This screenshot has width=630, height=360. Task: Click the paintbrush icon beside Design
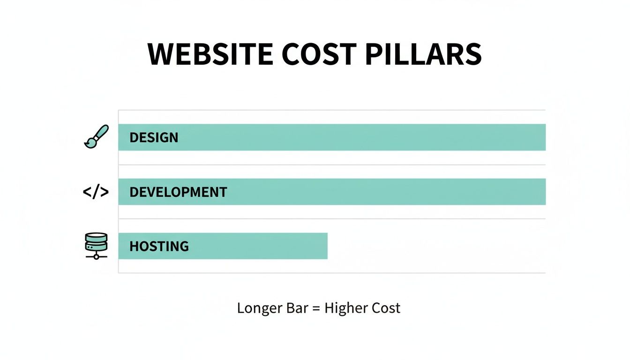click(96, 137)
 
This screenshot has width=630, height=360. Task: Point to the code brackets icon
click(96, 192)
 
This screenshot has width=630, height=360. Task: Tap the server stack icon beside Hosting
click(96, 246)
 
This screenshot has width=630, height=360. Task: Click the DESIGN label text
click(154, 138)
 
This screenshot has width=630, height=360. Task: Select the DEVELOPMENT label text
click(178, 192)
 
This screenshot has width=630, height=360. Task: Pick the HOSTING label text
click(159, 247)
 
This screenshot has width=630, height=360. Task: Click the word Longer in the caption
click(259, 308)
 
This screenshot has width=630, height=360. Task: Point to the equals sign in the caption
click(317, 308)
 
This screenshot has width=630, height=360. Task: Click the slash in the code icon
click(96, 192)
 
